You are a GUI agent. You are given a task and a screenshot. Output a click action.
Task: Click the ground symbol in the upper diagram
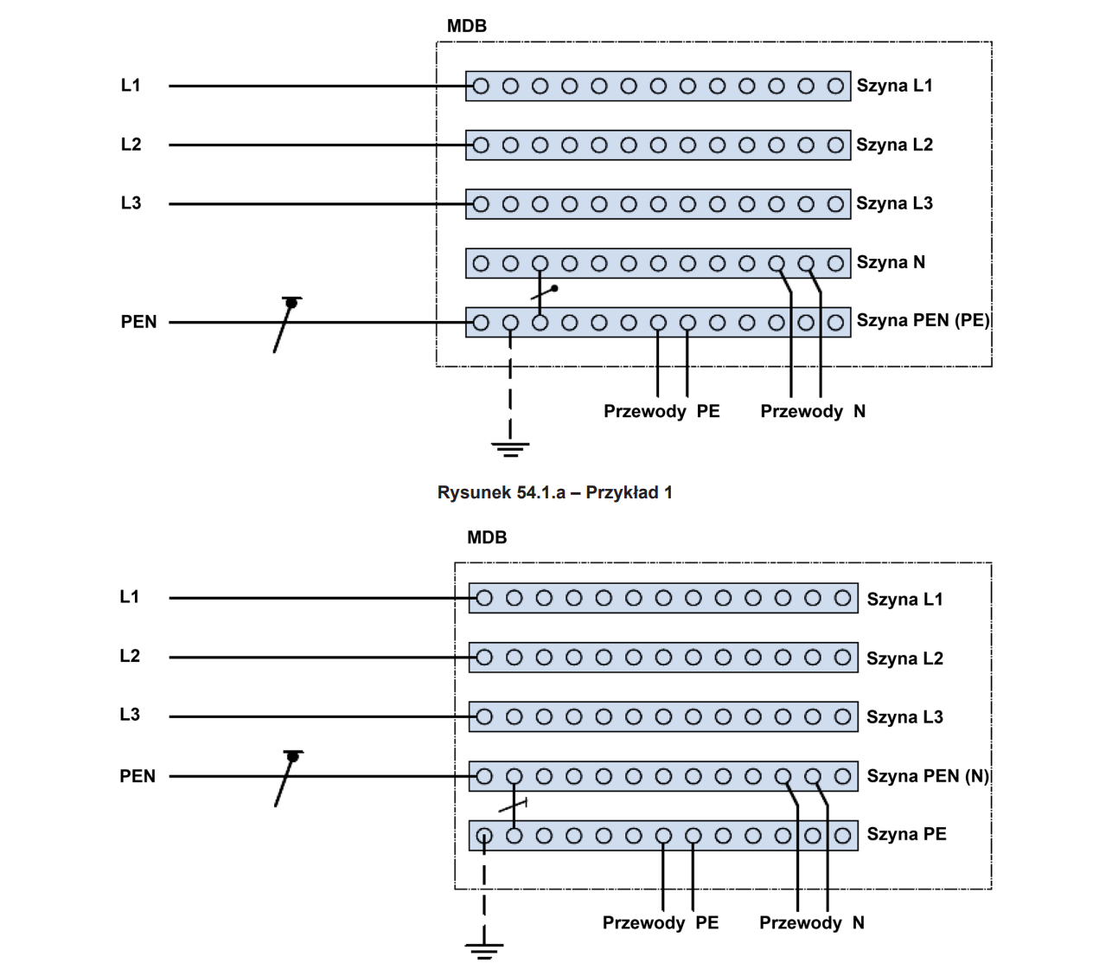point(510,448)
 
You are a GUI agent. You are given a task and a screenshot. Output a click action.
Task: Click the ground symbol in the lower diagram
point(484,950)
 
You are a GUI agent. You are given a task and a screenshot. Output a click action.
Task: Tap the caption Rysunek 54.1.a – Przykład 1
point(554,492)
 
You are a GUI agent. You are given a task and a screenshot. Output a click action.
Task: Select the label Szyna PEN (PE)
point(923,320)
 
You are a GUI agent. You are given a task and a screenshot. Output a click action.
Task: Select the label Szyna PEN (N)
point(927,776)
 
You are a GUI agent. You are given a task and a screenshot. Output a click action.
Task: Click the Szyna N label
point(891,262)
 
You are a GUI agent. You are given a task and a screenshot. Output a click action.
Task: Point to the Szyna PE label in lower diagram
point(906,834)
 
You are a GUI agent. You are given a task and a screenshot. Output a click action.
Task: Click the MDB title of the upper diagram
point(467,26)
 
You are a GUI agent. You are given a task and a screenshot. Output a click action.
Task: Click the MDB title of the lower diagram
point(487,537)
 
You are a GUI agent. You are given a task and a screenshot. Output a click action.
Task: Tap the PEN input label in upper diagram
point(138,322)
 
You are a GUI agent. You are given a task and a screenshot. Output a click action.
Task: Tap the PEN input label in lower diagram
point(137,776)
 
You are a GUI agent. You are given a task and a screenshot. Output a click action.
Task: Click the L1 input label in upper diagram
point(131,85)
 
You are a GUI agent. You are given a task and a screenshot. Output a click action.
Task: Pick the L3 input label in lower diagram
point(130,715)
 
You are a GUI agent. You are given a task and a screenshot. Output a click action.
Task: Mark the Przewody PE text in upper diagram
point(661,411)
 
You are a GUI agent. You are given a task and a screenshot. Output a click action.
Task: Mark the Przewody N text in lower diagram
point(812,922)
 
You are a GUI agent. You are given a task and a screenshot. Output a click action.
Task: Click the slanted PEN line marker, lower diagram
point(288,779)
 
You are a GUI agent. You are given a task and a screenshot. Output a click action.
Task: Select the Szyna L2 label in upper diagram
point(894,144)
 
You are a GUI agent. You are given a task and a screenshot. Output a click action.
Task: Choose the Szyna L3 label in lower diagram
point(904,716)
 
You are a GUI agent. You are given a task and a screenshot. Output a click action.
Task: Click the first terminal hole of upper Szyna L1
point(482,86)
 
